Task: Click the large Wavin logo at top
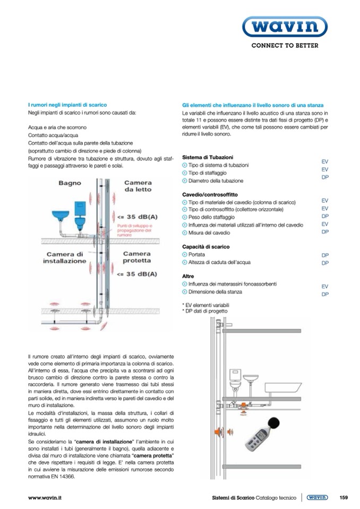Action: [285, 27]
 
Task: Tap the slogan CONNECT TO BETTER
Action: [285, 46]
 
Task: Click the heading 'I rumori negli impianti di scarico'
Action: [67, 105]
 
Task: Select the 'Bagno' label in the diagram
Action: [70, 183]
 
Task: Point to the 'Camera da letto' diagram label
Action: [138, 186]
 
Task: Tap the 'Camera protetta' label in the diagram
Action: [136, 257]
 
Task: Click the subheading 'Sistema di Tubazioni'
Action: [208, 158]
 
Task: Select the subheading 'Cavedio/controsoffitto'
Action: [210, 195]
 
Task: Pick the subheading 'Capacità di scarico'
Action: [205, 247]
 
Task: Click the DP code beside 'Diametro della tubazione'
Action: [325, 178]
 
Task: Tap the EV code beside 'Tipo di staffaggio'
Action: [325, 170]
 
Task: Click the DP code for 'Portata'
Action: [325, 255]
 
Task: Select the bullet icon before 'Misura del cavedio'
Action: [184, 233]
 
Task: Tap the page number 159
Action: [343, 497]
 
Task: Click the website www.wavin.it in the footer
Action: [45, 498]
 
